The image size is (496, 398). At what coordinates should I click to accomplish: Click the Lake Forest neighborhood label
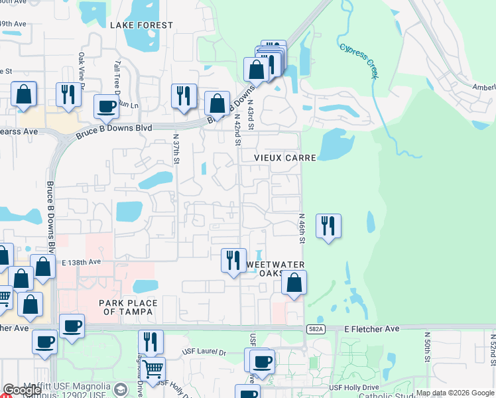click(x=141, y=25)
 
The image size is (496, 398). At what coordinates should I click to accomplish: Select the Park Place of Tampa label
click(x=129, y=308)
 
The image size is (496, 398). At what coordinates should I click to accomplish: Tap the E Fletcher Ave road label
click(x=372, y=328)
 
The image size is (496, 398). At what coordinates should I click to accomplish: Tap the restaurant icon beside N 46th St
click(x=328, y=226)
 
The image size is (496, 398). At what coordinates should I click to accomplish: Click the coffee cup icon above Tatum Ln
click(x=105, y=106)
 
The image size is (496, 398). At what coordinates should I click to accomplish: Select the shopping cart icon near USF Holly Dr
click(x=153, y=369)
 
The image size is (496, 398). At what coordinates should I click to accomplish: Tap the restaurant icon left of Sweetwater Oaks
click(x=233, y=259)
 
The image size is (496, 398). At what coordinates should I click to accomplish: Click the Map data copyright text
click(x=455, y=393)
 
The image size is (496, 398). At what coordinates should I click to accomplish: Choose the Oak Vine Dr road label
click(x=82, y=70)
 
